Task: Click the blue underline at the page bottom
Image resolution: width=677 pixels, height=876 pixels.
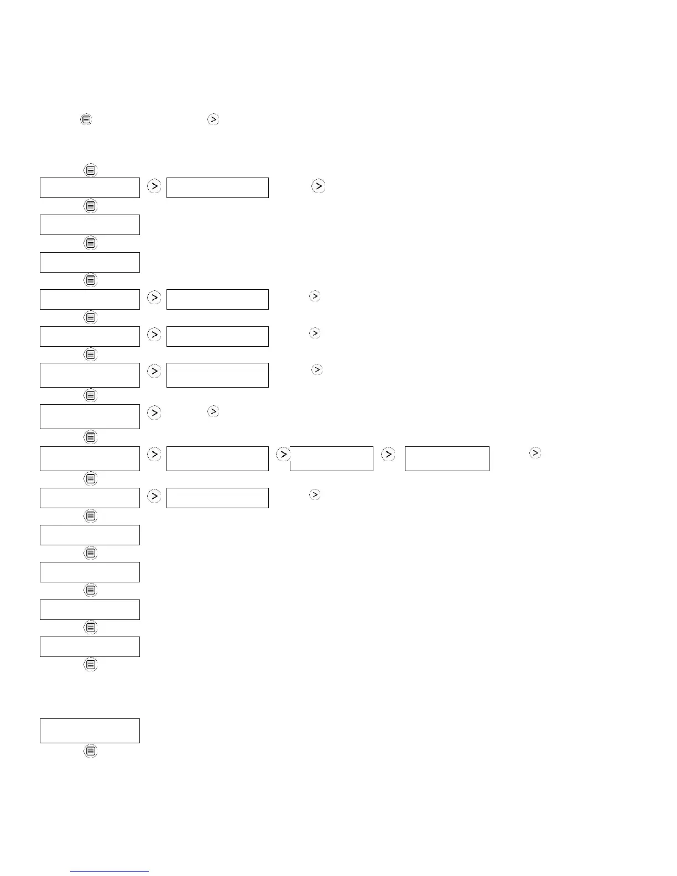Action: pos(110,871)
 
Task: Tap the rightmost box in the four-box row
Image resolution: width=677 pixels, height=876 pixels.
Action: pos(447,458)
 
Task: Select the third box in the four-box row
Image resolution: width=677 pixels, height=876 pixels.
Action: pos(331,458)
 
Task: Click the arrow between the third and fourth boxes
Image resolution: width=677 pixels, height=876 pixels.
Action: pos(388,454)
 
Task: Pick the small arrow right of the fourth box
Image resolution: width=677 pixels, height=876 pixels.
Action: pos(535,453)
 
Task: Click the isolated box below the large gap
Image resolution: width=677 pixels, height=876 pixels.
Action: pos(90,731)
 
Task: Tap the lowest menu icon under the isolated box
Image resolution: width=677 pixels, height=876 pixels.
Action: pos(91,751)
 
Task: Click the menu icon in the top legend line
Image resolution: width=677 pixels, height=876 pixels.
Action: pos(86,119)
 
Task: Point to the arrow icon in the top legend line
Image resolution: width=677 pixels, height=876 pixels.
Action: pos(213,119)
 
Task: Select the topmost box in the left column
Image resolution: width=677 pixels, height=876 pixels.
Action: pos(90,187)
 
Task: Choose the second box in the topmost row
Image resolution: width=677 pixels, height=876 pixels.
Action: pos(217,187)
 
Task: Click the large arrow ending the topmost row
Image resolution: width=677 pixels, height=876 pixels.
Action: pos(318,186)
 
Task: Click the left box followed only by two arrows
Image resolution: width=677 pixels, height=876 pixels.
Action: pos(90,416)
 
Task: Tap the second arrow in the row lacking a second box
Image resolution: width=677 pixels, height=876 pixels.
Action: pos(213,411)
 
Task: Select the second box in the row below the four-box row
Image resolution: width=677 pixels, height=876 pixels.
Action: pos(217,498)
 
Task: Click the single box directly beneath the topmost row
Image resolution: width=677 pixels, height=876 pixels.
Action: pos(90,225)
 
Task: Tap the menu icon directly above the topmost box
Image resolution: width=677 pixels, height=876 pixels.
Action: pos(91,170)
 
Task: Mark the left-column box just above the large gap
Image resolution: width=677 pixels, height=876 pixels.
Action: pos(90,646)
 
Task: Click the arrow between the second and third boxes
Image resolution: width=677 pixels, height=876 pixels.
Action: pos(283,454)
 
